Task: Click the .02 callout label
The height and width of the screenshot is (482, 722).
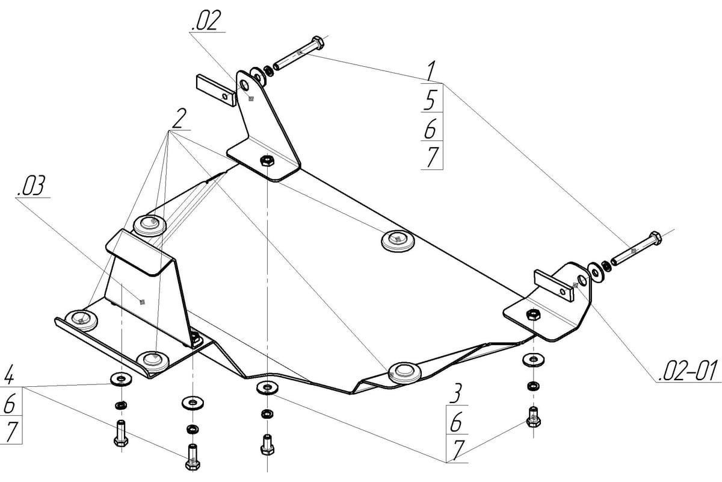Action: click(x=206, y=22)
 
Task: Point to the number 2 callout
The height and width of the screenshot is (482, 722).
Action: click(x=177, y=120)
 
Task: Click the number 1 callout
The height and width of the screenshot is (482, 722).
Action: click(x=430, y=70)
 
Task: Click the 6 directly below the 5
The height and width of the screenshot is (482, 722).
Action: click(x=431, y=128)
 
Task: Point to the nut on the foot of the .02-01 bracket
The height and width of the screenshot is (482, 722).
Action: click(x=532, y=314)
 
